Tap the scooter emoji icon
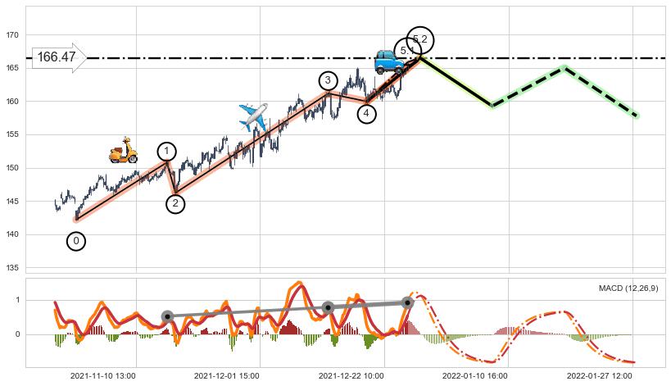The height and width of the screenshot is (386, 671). coord(123,150)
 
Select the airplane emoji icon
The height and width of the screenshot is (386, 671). coord(253,117)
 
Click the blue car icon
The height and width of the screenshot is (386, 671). coord(388,61)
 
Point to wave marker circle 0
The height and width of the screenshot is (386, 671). coord(76,241)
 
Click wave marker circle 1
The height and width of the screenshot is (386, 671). coord(166,152)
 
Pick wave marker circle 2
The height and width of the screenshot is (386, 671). coord(175,204)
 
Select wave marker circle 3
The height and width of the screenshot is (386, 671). coord(328,80)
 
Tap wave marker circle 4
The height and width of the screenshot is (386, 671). coord(366,114)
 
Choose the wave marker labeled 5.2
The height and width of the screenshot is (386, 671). coord(420,39)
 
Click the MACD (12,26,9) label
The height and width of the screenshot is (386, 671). coord(629,288)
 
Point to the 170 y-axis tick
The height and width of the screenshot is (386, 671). coord(13,35)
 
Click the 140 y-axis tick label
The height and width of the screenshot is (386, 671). coord(13,235)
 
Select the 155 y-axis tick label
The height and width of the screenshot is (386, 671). coord(13,135)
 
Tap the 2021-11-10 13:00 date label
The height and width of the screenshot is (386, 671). coord(103,376)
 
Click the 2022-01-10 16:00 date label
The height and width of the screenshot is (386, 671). coord(476,376)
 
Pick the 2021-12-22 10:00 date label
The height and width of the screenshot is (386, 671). coord(351,376)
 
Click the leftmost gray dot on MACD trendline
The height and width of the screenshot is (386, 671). coord(167,316)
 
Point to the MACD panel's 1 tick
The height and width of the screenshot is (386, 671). coord(17,301)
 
